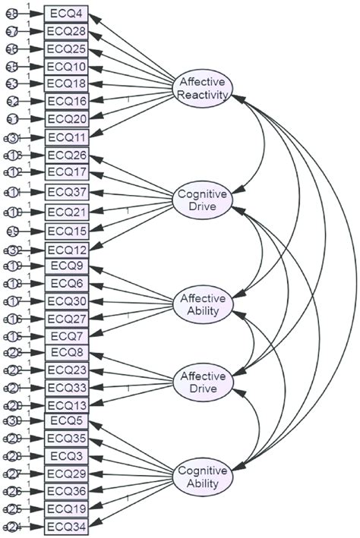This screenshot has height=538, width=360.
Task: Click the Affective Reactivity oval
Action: pos(203,88)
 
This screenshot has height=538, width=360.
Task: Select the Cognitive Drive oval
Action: pos(203,201)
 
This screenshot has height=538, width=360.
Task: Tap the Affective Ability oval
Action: pos(203,304)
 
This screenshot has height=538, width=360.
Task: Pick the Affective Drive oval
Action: pos(203,382)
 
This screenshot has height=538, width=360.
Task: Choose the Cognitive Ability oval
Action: pos(203,477)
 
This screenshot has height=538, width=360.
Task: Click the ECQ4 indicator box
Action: pos(66,14)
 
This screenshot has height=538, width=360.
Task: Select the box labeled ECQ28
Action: pos(66,31)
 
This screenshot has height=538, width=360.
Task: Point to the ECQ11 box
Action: pos(66,137)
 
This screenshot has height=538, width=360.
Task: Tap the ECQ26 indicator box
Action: pos(66,155)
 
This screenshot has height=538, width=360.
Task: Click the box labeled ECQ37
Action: pos(66,190)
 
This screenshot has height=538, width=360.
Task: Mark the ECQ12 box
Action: pos(66,250)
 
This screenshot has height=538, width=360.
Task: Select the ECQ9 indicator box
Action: pos(66,266)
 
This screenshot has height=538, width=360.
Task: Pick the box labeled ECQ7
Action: pos(66,335)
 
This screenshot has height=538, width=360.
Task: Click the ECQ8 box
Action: pos(66,352)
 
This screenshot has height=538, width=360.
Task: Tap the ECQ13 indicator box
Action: pos(66,404)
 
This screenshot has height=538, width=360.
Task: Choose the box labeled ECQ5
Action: pos(66,421)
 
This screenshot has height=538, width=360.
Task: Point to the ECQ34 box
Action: pos(66,526)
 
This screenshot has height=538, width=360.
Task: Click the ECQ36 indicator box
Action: pos(66,491)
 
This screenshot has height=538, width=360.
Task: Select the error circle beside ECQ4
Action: pos(11,14)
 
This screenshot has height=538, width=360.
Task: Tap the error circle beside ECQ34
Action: pos(11,526)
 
